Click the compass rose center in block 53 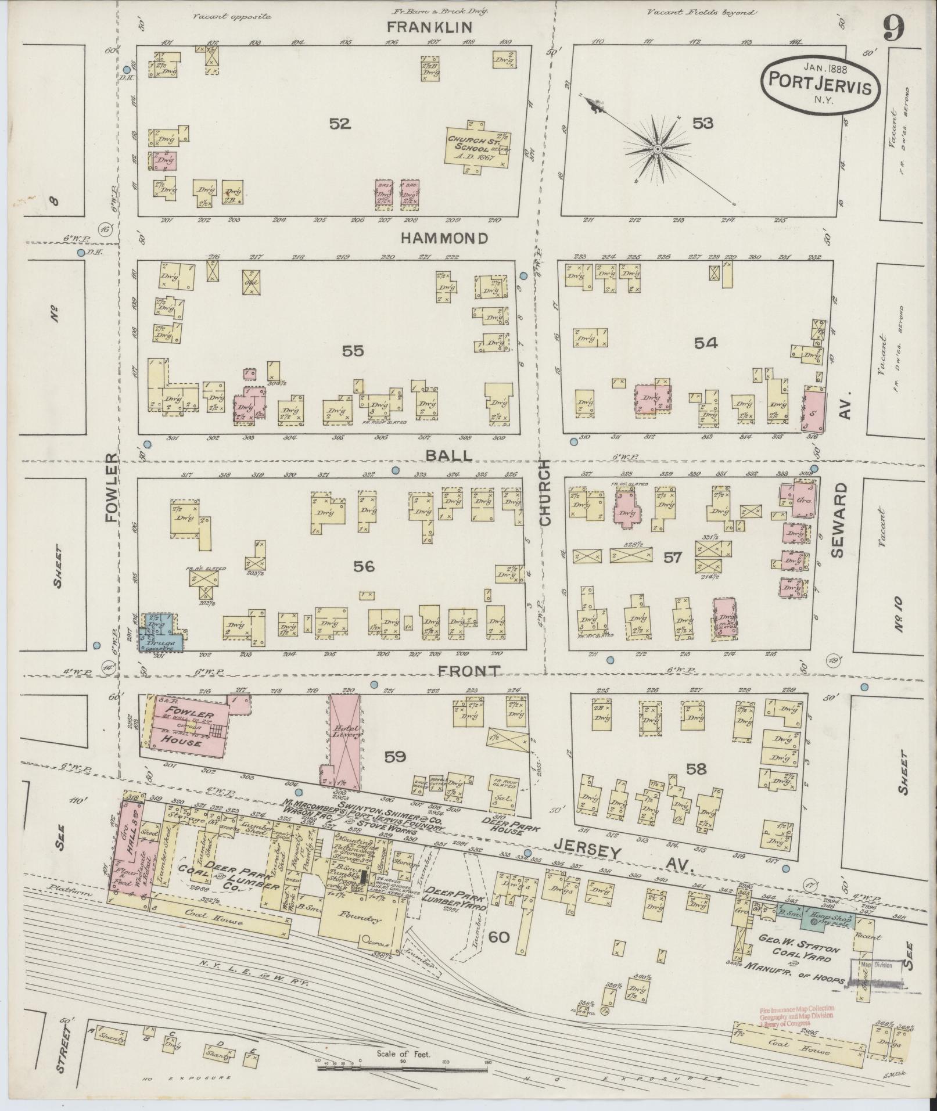pos(658,149)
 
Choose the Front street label pos(468,671)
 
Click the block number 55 pos(353,351)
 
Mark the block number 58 pos(697,770)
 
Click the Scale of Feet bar pos(403,1065)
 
